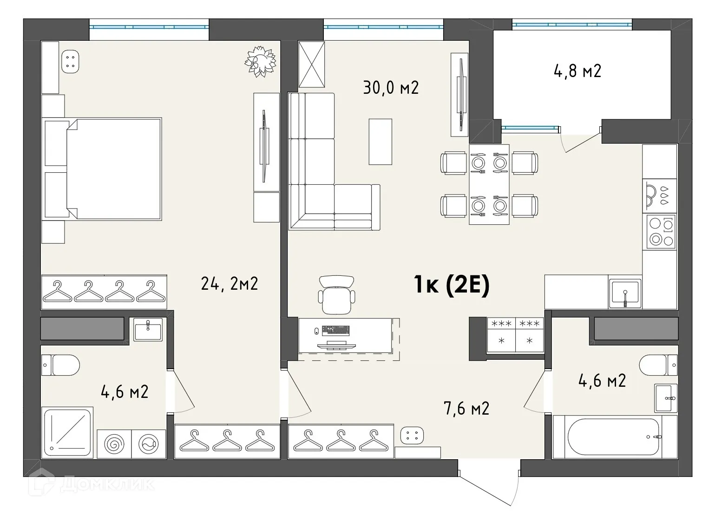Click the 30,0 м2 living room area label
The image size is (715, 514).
click(x=391, y=87)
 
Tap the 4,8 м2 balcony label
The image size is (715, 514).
click(x=577, y=71)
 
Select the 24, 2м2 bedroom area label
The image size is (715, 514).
click(x=229, y=283)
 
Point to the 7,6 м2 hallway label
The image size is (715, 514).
click(x=466, y=409)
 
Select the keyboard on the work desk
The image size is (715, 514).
click(x=335, y=330)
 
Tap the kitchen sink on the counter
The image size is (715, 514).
click(x=625, y=293)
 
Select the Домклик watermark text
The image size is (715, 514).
click(x=107, y=484)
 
